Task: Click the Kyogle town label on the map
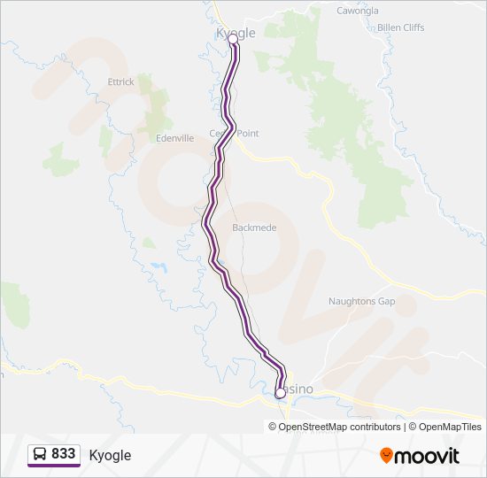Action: pyautogui.click(x=236, y=33)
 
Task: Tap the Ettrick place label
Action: pyautogui.click(x=120, y=82)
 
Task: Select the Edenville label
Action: pyautogui.click(x=174, y=139)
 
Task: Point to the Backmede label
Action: pyautogui.click(x=254, y=227)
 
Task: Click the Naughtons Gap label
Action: pyautogui.click(x=361, y=301)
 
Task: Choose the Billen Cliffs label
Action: pyautogui.click(x=400, y=27)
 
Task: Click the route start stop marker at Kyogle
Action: pyautogui.click(x=234, y=40)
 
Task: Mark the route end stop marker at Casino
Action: pyautogui.click(x=281, y=392)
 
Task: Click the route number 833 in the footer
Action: pyautogui.click(x=64, y=453)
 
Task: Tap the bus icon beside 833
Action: pyautogui.click(x=40, y=454)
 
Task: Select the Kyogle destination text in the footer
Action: pyautogui.click(x=110, y=455)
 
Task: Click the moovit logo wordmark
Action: pyautogui.click(x=428, y=456)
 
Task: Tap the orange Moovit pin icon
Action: pyautogui.click(x=387, y=455)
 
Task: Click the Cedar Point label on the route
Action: pyautogui.click(x=235, y=134)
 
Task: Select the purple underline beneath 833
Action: pyautogui.click(x=54, y=466)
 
